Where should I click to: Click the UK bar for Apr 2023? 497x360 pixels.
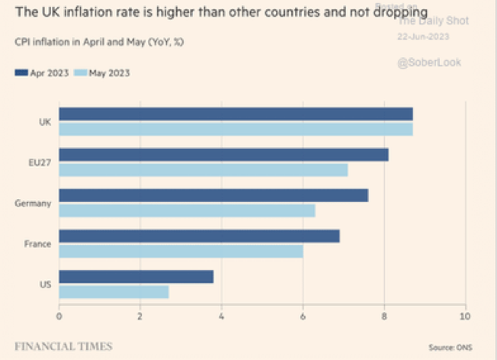tap(236, 114)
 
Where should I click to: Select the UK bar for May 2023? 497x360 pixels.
tap(236, 129)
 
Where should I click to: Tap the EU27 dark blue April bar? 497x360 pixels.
tap(223, 155)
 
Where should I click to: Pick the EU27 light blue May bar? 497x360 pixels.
tap(203, 169)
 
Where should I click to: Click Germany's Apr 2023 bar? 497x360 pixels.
tap(213, 195)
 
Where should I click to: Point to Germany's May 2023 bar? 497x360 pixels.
tap(187, 210)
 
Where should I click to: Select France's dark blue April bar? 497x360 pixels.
tap(199, 236)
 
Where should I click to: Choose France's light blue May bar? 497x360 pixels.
tap(181, 251)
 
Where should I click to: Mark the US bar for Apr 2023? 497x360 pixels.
tap(136, 277)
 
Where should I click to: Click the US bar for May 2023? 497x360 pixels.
tap(114, 291)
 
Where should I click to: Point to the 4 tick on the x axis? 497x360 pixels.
tap(222, 314)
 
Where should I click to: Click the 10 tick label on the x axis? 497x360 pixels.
tap(465, 314)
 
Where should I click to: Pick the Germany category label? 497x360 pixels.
tap(33, 204)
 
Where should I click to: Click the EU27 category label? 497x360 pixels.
tap(40, 162)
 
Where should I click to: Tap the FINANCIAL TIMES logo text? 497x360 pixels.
tap(63, 346)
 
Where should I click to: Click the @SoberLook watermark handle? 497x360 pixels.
tap(429, 63)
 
